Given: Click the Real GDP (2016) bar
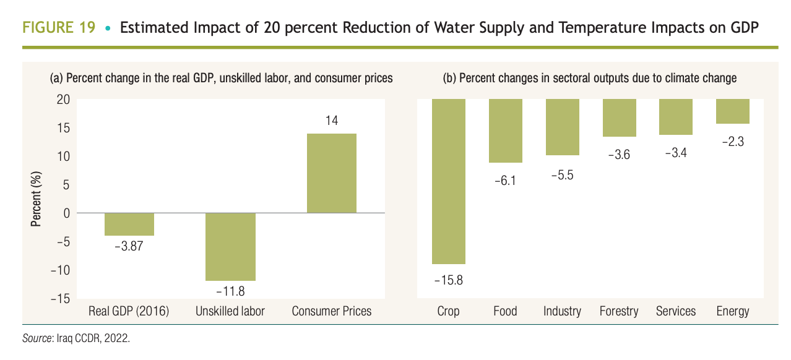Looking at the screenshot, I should tap(129, 224).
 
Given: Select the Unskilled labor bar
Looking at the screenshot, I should tap(230, 246).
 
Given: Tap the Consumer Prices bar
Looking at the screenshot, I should tap(332, 173).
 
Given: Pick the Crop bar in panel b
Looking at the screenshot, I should tap(448, 181).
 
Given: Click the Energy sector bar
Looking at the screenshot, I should tap(732, 111).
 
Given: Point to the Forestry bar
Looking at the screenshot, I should tap(618, 118).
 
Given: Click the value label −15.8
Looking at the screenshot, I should tap(448, 280).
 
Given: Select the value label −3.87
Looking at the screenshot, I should tap(129, 246).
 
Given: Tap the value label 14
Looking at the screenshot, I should tap(332, 121).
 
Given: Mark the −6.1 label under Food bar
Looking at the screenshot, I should tap(505, 181).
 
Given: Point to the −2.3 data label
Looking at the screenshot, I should tap(732, 142).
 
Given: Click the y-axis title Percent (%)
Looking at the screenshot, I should tap(37, 199).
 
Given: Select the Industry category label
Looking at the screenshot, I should tap(562, 311).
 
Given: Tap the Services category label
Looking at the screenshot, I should tap(676, 311).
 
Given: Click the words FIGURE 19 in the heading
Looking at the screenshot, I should tap(59, 28).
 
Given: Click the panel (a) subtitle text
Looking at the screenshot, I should tap(221, 79).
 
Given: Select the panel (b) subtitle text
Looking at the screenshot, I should tap(589, 79).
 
